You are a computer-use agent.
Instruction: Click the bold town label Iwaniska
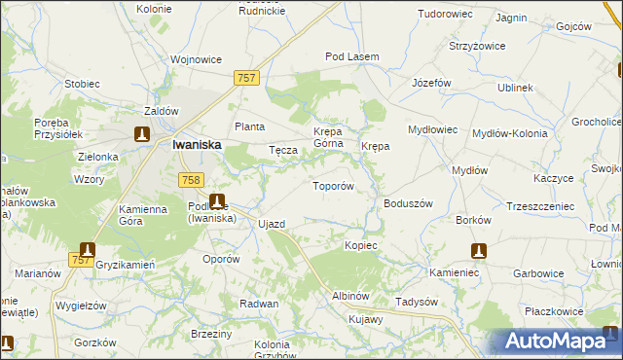[196, 144]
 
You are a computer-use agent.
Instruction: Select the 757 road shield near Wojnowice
[245, 76]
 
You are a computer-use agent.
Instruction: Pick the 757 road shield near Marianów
[82, 260]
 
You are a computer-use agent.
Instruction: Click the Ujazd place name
[272, 224]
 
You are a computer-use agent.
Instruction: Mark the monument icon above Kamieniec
[478, 251]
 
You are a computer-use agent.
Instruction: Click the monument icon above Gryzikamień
[88, 250]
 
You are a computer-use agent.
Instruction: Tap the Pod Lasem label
[351, 57]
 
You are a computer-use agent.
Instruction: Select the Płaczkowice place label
[554, 311]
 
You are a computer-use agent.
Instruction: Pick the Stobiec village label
[82, 84]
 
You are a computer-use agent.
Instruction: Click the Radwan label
[259, 304]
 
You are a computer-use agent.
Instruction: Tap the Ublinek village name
[515, 88]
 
